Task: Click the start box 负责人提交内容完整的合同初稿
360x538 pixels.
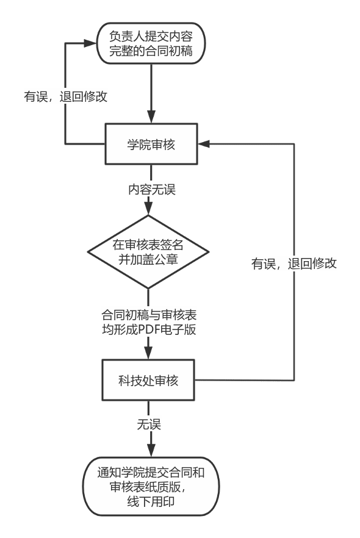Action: click(151, 43)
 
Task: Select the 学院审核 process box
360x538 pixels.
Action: click(151, 145)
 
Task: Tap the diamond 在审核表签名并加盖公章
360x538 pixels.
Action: click(148, 251)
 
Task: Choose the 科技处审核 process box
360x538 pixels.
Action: click(148, 381)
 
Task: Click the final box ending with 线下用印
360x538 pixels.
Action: click(151, 487)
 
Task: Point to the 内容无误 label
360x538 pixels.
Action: click(151, 189)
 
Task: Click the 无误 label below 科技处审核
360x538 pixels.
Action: click(149, 424)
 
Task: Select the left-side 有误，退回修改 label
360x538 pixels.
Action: click(65, 96)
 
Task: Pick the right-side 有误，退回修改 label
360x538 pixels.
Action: click(294, 264)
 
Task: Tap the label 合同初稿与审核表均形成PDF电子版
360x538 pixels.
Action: click(149, 323)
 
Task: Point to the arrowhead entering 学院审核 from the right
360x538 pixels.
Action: click(203, 144)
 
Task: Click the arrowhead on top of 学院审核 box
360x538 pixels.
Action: click(151, 118)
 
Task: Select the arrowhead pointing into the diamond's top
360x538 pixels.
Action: click(148, 210)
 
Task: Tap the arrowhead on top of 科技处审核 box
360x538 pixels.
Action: click(148, 354)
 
